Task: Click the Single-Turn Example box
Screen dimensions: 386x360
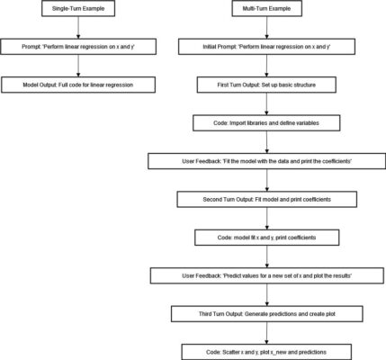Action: [x=78, y=8]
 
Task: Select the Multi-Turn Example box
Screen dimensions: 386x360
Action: [x=266, y=8]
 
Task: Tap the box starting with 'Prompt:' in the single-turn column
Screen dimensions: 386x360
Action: [x=78, y=47]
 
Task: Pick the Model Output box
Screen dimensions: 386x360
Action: [x=78, y=85]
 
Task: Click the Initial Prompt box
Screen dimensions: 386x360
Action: [x=266, y=47]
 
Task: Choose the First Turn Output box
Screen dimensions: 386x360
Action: [x=266, y=85]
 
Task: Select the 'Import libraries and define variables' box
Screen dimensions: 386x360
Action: [x=266, y=123]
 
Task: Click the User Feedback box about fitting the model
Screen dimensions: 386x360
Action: [x=266, y=161]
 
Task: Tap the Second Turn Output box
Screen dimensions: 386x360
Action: [x=266, y=200]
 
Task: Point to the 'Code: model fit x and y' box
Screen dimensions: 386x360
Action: [x=266, y=238]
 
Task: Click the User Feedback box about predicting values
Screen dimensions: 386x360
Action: [x=266, y=275]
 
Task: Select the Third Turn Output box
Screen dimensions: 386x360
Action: [x=266, y=314]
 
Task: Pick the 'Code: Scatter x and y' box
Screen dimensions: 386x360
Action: [x=266, y=352]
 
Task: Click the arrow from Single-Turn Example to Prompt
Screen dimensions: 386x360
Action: [x=78, y=28]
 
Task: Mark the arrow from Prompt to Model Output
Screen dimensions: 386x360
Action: [x=78, y=66]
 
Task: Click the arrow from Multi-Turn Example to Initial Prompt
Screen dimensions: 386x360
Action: [x=266, y=28]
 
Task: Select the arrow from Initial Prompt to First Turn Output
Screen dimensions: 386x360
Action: [x=266, y=66]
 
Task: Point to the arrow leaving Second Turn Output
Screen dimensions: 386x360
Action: [x=266, y=219]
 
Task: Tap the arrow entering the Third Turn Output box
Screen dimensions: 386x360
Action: [x=266, y=295]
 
